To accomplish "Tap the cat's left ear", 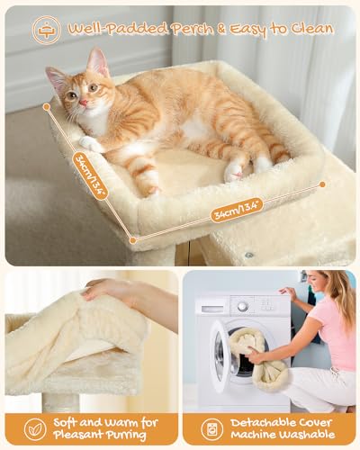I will pyautogui.click(x=97, y=62).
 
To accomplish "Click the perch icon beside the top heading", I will pyautogui.click(x=46, y=29).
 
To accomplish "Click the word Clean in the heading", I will pyautogui.click(x=303, y=28).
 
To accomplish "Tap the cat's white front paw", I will pyautogui.click(x=90, y=143).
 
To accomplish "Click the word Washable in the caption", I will pyautogui.click(x=302, y=436).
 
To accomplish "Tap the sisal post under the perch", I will pyautogui.click(x=61, y=401).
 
